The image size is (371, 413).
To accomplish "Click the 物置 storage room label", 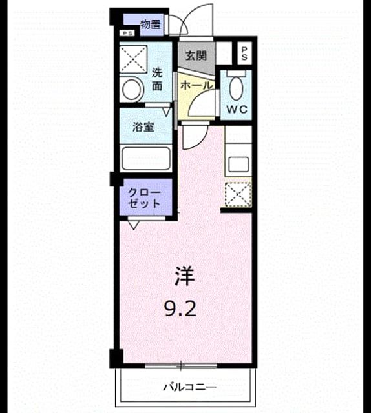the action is [151, 25].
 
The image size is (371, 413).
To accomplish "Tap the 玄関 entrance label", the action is [196, 55].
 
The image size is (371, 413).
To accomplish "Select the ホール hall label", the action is [196, 85].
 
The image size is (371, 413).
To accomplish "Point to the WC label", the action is [237, 109].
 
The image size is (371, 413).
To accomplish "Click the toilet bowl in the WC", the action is [236, 88].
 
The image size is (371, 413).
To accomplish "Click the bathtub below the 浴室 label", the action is [146, 158].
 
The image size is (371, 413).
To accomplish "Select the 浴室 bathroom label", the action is [143, 127].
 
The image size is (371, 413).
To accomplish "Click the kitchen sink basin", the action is [238, 164].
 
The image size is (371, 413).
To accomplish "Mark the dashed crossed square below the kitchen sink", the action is [238, 194].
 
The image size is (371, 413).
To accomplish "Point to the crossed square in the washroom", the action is [133, 59].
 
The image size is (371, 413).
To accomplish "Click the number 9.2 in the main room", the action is [181, 309].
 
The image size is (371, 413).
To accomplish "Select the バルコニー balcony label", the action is [190, 387].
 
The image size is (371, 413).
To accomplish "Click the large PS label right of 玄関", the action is [244, 54].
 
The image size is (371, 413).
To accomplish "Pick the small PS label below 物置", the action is [127, 33].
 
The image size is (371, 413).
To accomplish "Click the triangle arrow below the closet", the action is [134, 225].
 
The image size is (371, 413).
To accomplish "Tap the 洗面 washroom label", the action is [157, 79].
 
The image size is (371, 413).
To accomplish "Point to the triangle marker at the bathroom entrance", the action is [166, 112].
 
